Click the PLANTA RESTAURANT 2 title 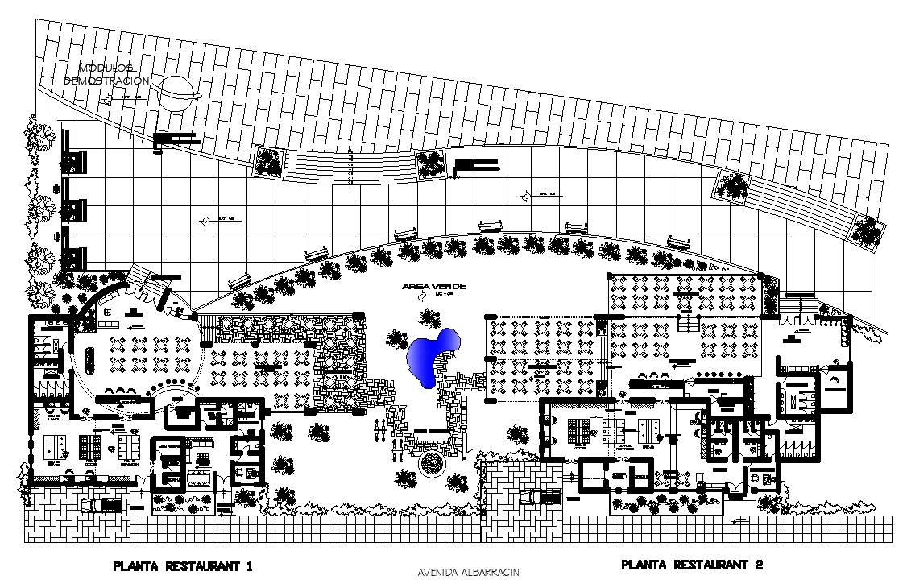pos(692,565)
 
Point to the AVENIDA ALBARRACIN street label pos(469,573)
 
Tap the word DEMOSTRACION pos(106,81)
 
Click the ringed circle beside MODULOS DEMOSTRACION pos(177,90)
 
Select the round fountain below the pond pos(433,463)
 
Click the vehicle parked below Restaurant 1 pos(101,504)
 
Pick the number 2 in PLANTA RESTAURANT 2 pos(758,565)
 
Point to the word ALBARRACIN pos(491,573)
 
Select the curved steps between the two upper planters pos(350,167)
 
